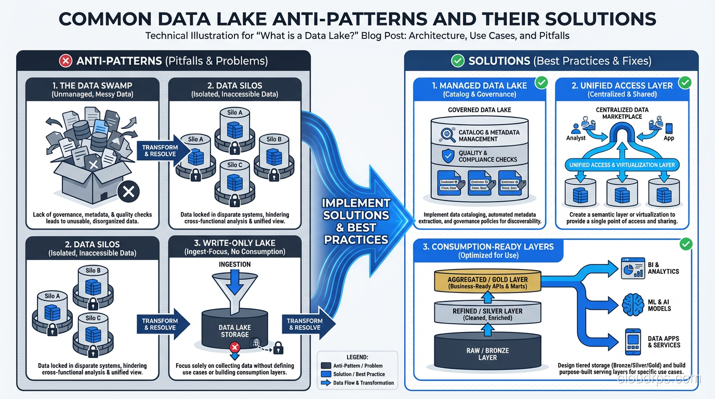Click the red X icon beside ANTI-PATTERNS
pyautogui.click(x=65, y=61)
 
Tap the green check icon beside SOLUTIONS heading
pyautogui.click(x=457, y=61)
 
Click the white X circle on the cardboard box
pyautogui.click(x=128, y=192)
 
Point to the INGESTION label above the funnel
pyautogui.click(x=234, y=264)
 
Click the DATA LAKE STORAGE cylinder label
pyautogui.click(x=234, y=331)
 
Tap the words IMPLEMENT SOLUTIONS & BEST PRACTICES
pyautogui.click(x=355, y=221)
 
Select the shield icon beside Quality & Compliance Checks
pyautogui.click(x=447, y=156)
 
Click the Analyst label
pyautogui.click(x=576, y=138)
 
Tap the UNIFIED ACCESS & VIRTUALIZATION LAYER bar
pyautogui.click(x=622, y=165)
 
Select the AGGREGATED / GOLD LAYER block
pyautogui.click(x=487, y=283)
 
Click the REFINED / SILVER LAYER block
pyautogui.click(x=487, y=314)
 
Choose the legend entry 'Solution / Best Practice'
pyautogui.click(x=359, y=374)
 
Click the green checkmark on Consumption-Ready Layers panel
pyautogui.click(x=685, y=243)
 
